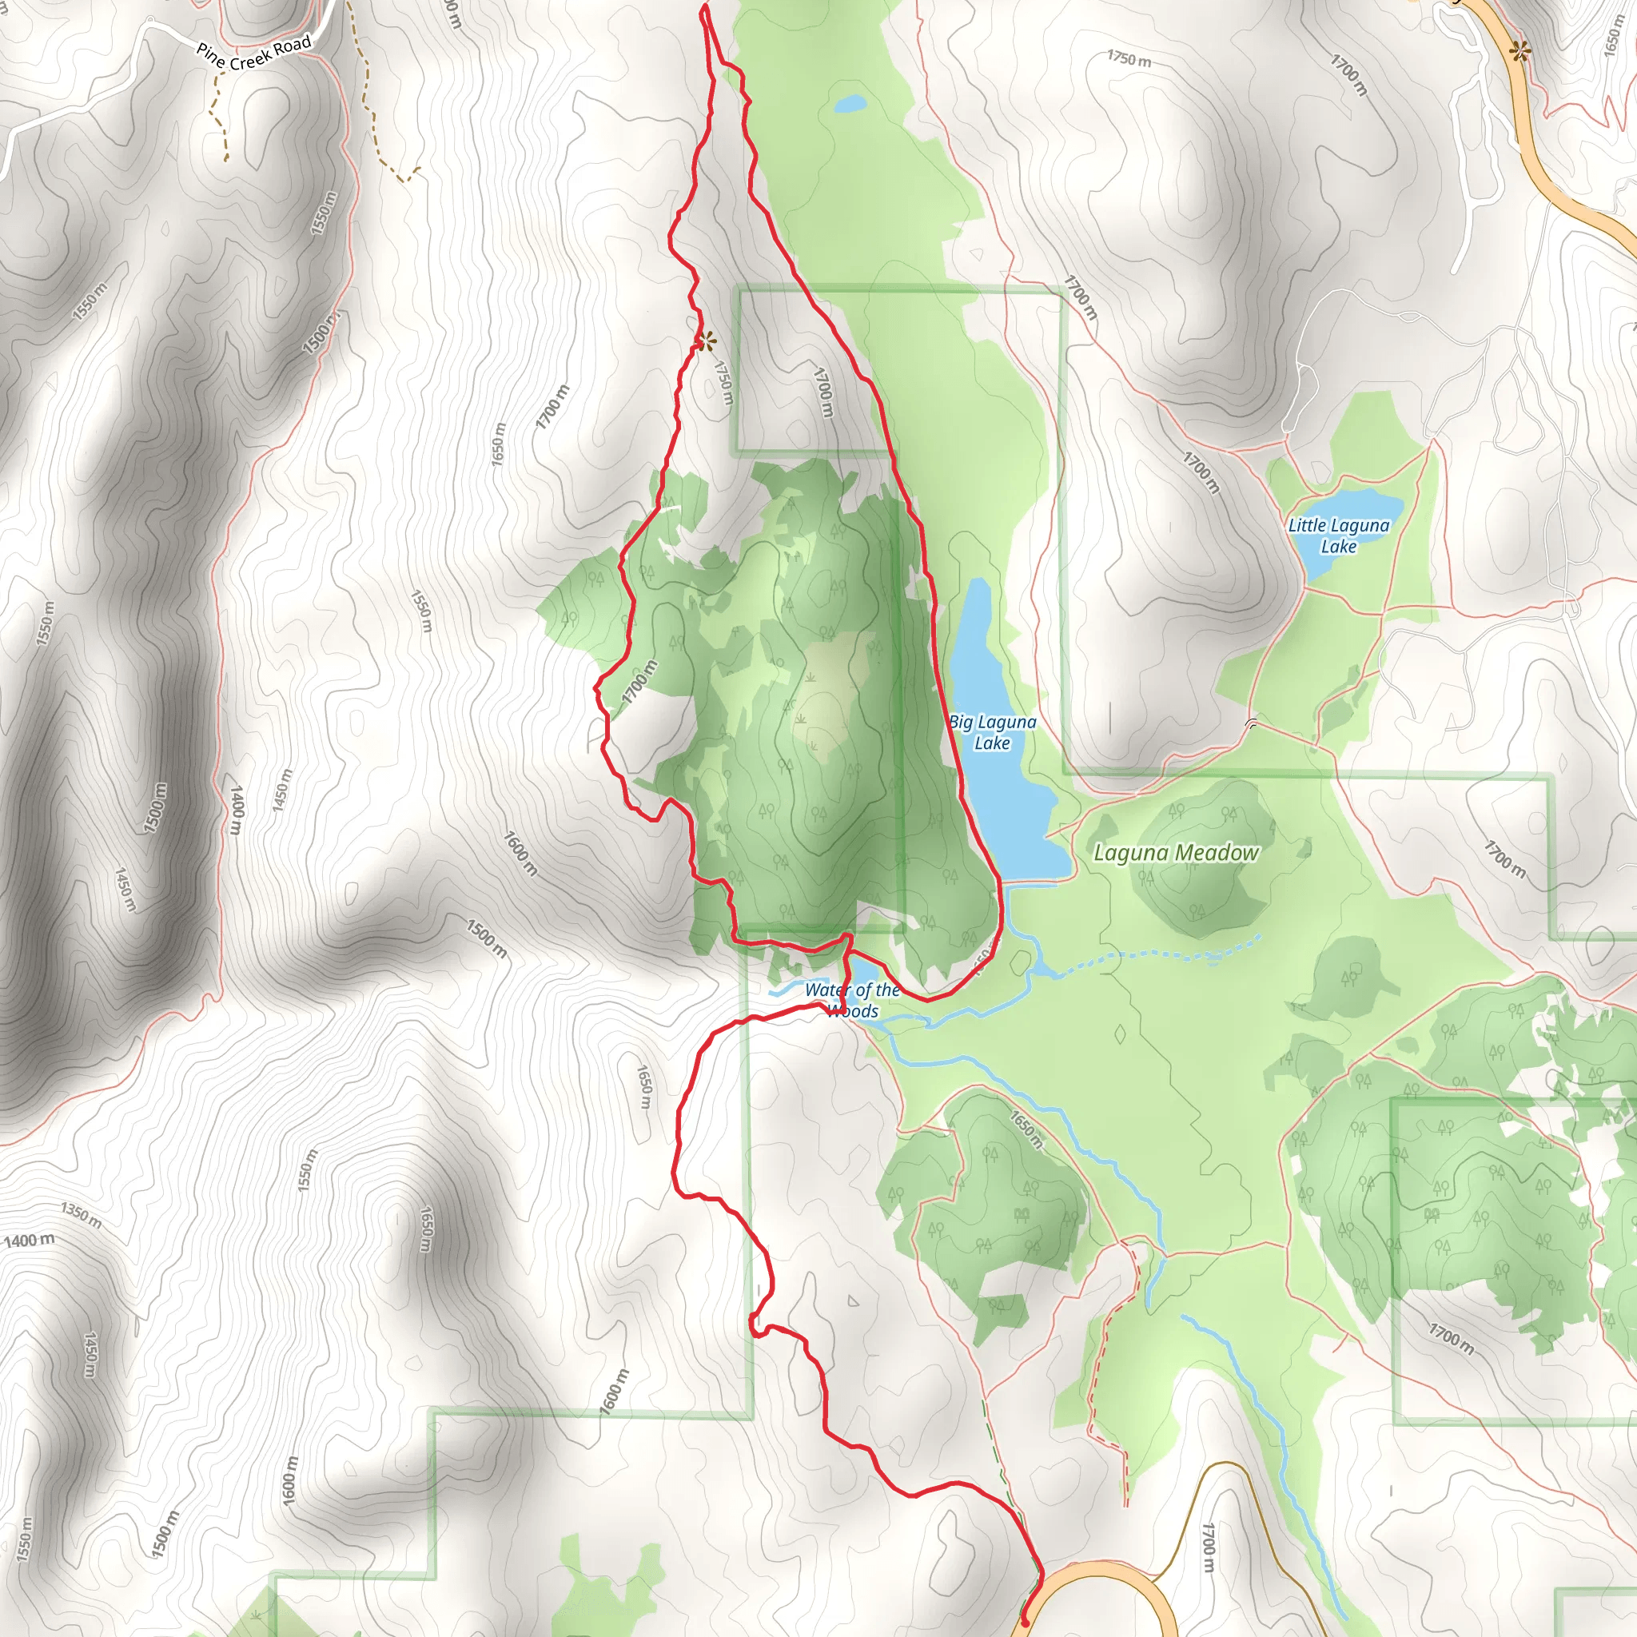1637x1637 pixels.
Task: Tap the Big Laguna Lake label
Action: [x=991, y=732]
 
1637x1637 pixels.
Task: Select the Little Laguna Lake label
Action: [x=1339, y=536]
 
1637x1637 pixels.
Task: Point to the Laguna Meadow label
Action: [x=1175, y=852]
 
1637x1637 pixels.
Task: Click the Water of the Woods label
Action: [x=851, y=1000]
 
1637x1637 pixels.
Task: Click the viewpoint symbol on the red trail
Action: [x=705, y=341]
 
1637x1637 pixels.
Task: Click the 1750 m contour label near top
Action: [x=1129, y=59]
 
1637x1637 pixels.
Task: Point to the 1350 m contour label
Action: [x=82, y=1214]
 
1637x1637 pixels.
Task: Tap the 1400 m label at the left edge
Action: [x=30, y=1241]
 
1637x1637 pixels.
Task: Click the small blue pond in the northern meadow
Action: [x=850, y=104]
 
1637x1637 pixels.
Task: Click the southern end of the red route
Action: [x=1026, y=1623]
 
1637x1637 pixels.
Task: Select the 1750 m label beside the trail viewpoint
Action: [x=723, y=383]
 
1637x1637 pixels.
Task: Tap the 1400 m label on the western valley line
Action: [x=237, y=809]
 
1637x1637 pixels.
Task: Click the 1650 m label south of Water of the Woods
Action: [x=644, y=1087]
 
